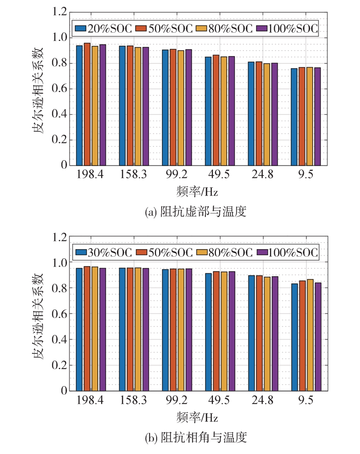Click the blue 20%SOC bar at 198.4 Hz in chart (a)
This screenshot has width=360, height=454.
[80, 105]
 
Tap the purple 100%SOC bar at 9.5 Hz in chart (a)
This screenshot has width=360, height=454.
[317, 117]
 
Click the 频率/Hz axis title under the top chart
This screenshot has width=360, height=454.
[197, 192]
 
